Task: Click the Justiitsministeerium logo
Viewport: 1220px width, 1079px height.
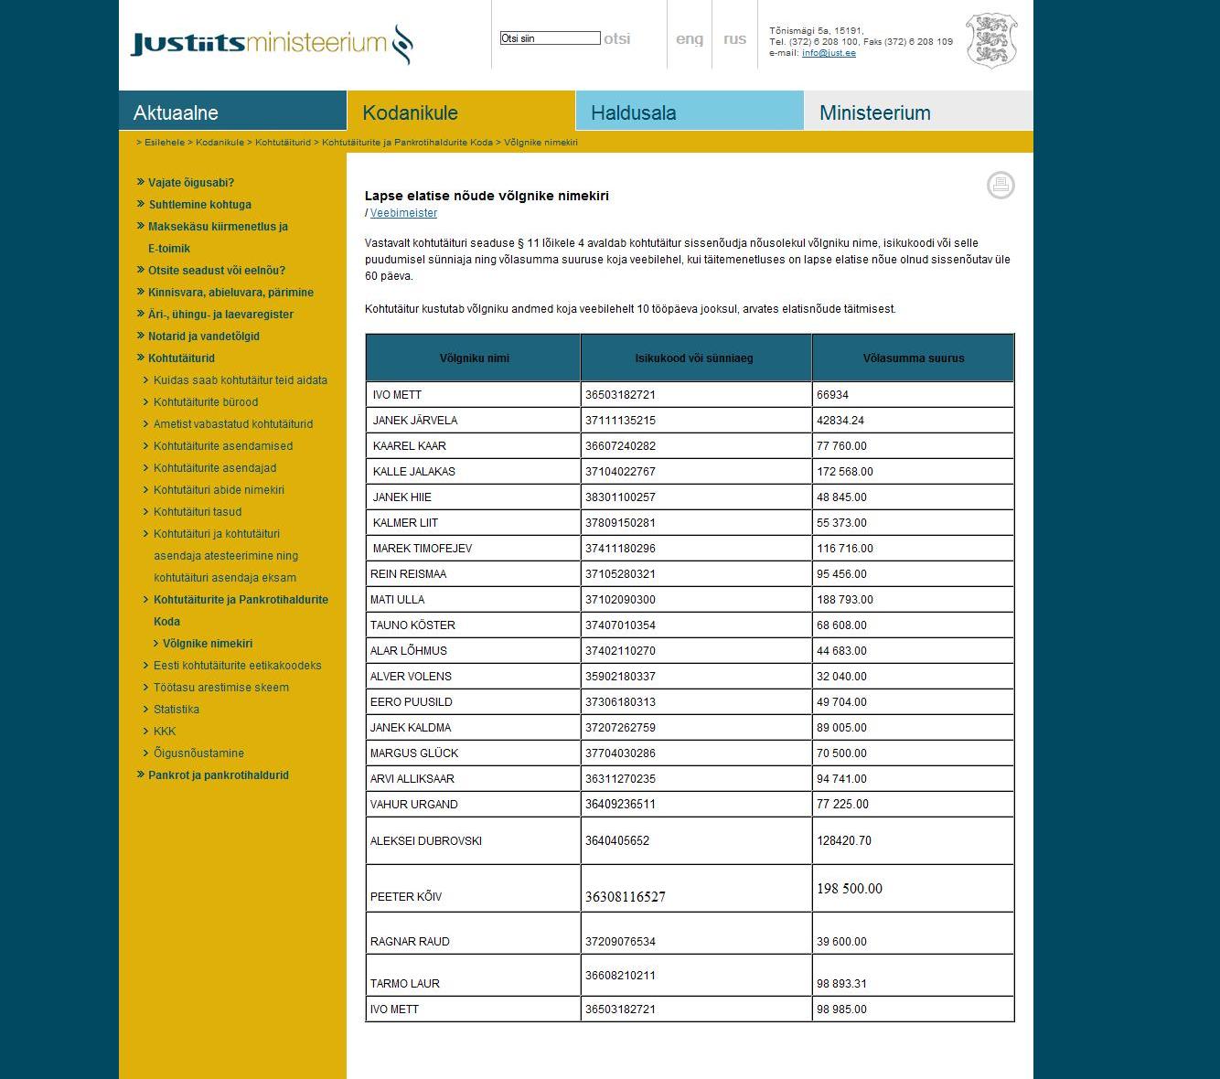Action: pyautogui.click(x=272, y=43)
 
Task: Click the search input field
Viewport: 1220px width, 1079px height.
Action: pyautogui.click(x=550, y=38)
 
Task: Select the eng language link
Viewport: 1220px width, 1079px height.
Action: pyautogui.click(x=690, y=39)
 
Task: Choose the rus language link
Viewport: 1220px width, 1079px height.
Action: pyautogui.click(x=734, y=39)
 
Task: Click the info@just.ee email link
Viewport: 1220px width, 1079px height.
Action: pyautogui.click(x=829, y=53)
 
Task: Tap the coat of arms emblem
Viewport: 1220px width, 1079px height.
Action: pyautogui.click(x=991, y=40)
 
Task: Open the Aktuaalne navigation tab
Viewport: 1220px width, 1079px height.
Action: pyautogui.click(x=232, y=112)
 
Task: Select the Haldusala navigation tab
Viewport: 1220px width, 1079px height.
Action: pyautogui.click(x=690, y=112)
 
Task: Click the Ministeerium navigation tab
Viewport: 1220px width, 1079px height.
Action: pyautogui.click(x=918, y=112)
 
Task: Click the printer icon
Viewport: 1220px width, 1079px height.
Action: pyautogui.click(x=1001, y=185)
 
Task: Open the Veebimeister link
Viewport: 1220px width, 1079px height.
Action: pyautogui.click(x=403, y=213)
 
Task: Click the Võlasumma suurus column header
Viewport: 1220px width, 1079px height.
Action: pyautogui.click(x=913, y=358)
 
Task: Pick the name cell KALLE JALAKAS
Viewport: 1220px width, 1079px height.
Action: pyautogui.click(x=414, y=472)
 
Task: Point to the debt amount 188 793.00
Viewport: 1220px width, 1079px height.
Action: pyautogui.click(x=845, y=600)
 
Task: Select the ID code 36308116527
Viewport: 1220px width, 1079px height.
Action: pyautogui.click(x=626, y=897)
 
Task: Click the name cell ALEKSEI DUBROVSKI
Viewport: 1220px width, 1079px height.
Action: pyautogui.click(x=426, y=841)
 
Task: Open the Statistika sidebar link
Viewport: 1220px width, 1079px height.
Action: pyautogui.click(x=177, y=710)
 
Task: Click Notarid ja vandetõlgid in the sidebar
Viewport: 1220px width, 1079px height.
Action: pyautogui.click(x=204, y=337)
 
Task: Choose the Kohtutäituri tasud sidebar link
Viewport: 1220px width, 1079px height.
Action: pyautogui.click(x=198, y=512)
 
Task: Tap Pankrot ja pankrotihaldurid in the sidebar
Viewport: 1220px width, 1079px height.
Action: pyautogui.click(x=219, y=775)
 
